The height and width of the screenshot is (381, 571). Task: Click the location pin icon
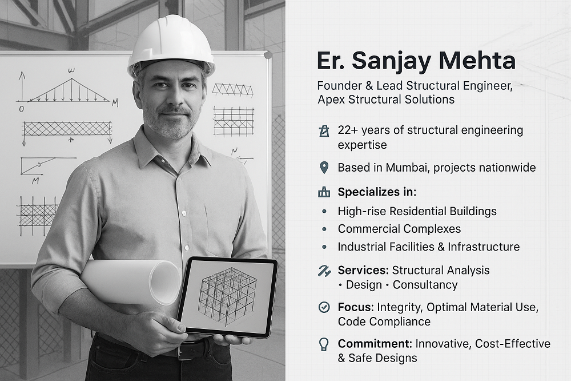coord(324,168)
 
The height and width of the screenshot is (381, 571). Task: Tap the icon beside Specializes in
coord(324,192)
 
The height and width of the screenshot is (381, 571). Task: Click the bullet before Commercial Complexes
coord(324,229)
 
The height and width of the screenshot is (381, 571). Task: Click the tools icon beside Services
coord(324,271)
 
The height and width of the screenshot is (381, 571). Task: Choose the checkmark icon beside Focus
coord(324,307)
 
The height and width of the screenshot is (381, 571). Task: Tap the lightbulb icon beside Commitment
coord(324,344)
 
